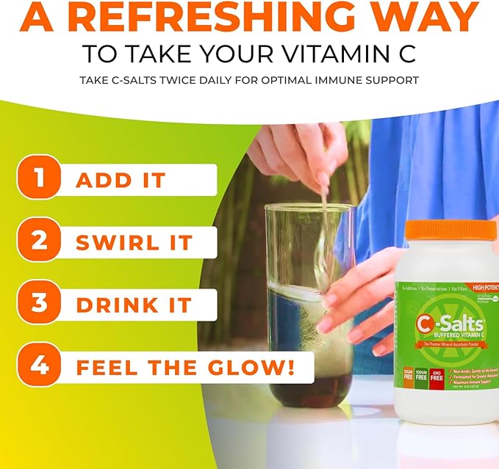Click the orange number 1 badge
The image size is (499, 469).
(37, 180)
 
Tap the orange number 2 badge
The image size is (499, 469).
(37, 242)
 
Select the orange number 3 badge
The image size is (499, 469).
(37, 305)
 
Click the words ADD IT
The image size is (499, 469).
(121, 181)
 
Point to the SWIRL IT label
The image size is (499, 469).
(134, 243)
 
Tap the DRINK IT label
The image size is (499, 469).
(134, 305)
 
